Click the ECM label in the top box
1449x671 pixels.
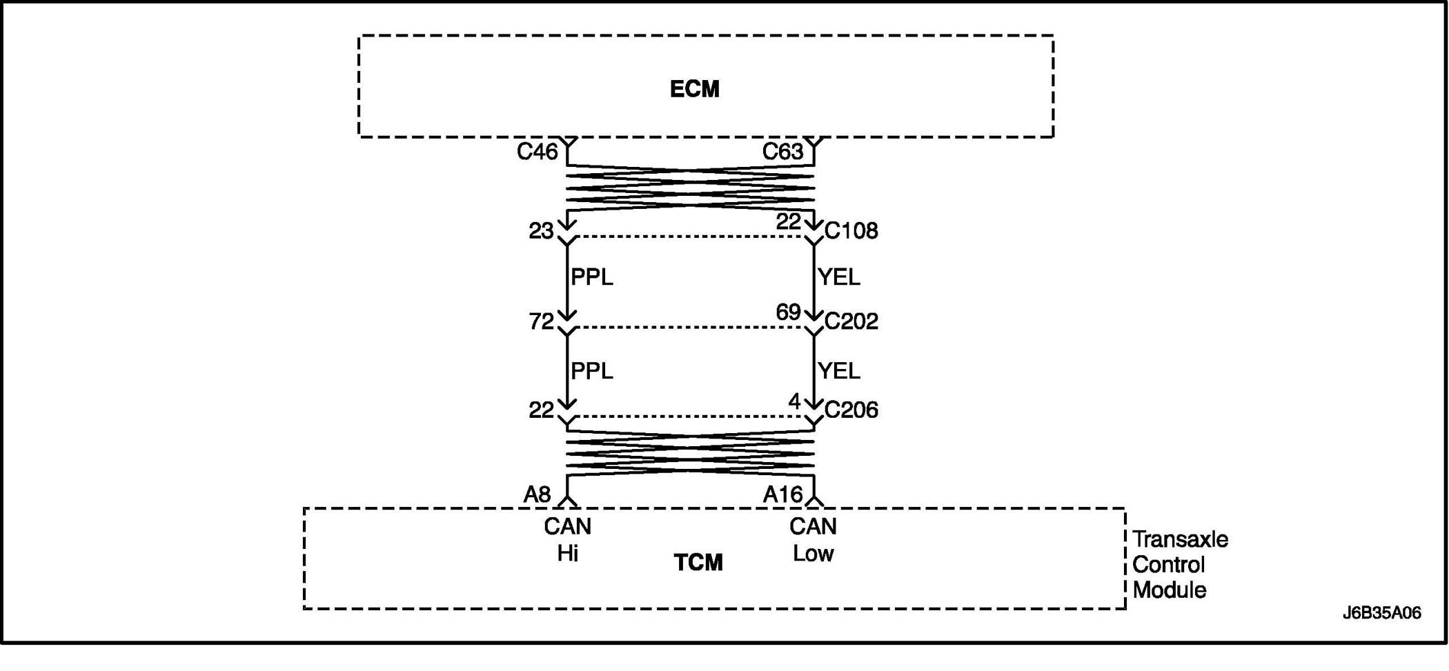pos(694,89)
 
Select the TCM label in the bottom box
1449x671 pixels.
pos(698,563)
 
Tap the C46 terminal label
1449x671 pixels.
pos(537,152)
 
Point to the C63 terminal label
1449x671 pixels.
pos(782,152)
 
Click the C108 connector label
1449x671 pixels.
pos(851,230)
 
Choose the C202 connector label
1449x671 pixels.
pos(851,321)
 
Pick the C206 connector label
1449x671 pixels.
pos(851,410)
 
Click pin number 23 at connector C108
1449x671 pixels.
pos(541,231)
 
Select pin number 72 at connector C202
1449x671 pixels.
pos(541,321)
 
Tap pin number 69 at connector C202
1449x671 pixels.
pos(788,312)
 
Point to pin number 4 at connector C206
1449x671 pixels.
pos(794,401)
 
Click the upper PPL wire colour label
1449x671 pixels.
pos(592,277)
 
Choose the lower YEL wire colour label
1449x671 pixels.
pos(839,371)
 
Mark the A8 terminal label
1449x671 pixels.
pos(537,494)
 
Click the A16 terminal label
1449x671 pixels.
pos(782,494)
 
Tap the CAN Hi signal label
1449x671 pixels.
pos(567,540)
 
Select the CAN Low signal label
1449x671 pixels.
pos(813,540)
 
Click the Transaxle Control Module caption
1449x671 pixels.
pos(1180,565)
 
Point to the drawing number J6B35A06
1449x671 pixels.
pos(1381,613)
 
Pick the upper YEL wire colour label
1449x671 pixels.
pos(839,277)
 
